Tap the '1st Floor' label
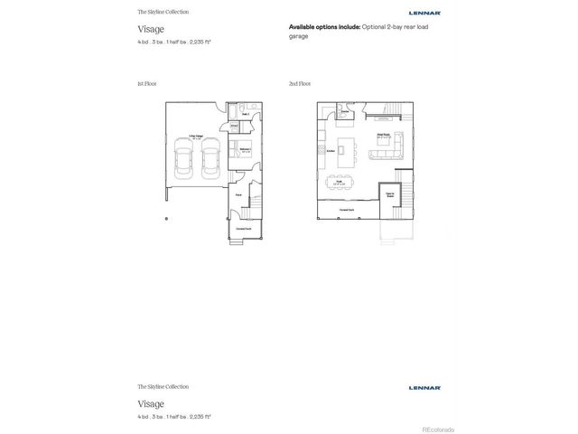[146, 83]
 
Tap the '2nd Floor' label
[300, 83]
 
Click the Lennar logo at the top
[424, 14]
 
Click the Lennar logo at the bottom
[424, 388]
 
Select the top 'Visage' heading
[151, 29]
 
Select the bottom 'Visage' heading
[151, 403]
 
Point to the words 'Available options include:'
[324, 28]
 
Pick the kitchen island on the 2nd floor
[344, 152]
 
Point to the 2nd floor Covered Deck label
[346, 209]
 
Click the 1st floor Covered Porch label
[244, 229]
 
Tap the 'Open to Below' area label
[391, 194]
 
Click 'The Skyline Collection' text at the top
[163, 12]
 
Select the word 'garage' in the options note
[299, 37]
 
